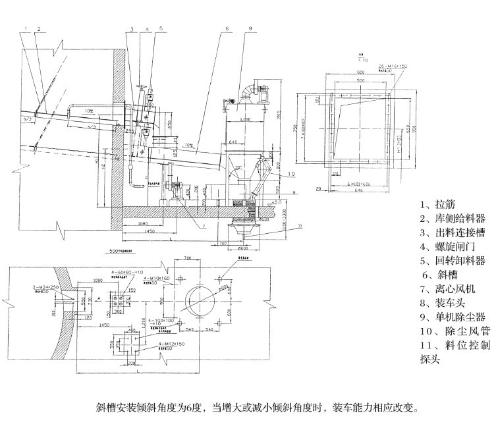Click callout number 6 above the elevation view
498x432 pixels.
pyautogui.click(x=226, y=29)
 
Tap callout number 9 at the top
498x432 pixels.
pyautogui.click(x=251, y=29)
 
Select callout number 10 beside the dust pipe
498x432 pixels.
pyautogui.click(x=291, y=173)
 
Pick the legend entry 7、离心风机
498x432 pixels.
pyautogui.click(x=444, y=289)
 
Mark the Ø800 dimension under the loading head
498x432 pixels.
pyautogui.click(x=242, y=249)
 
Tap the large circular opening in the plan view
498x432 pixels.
pyautogui.click(x=201, y=301)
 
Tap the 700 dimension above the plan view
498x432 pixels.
pyautogui.click(x=187, y=259)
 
